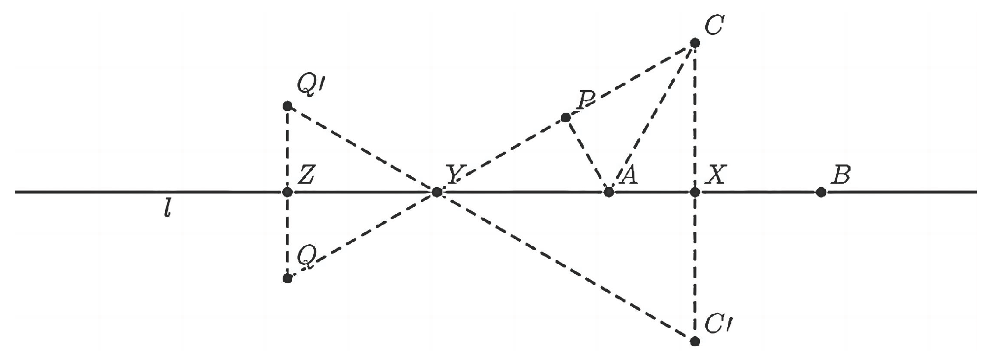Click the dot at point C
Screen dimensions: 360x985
coord(695,43)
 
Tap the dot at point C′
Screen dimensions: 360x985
coord(695,341)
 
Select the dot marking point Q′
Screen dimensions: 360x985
coord(288,106)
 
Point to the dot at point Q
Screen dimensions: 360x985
coord(288,278)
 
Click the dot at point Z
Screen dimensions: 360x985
coord(288,192)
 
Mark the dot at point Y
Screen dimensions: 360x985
coord(436,192)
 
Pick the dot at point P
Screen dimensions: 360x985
coord(566,117)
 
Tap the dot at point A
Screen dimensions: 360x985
coord(609,192)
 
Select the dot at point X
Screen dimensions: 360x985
coord(695,192)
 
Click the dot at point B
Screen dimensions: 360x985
coord(821,192)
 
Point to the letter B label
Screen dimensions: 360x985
coord(840,175)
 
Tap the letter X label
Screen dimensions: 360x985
coord(715,175)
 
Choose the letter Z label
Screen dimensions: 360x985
coord(306,175)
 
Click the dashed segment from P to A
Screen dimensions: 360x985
coord(587,154)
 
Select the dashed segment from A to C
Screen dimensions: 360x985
coord(652,117)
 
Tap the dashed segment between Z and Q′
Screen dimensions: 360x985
coord(288,149)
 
